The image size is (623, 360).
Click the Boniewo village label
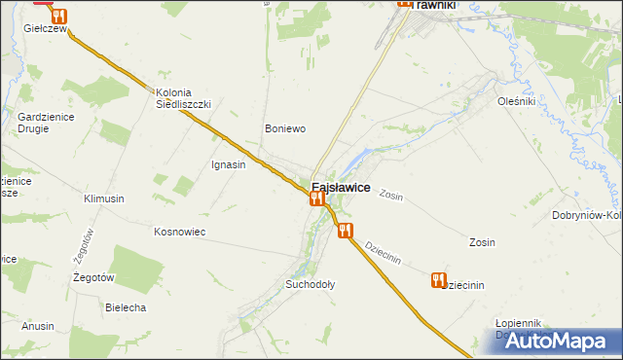click(286, 128)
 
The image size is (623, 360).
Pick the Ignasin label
click(228, 164)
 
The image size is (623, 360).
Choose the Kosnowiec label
click(179, 232)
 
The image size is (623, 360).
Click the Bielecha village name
click(125, 307)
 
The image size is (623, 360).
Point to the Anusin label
click(38, 326)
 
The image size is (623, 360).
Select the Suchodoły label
click(310, 285)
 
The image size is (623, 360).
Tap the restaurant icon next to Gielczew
click(59, 17)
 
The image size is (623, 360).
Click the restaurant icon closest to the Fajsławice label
click(315, 198)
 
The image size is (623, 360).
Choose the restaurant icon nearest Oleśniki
click(438, 280)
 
